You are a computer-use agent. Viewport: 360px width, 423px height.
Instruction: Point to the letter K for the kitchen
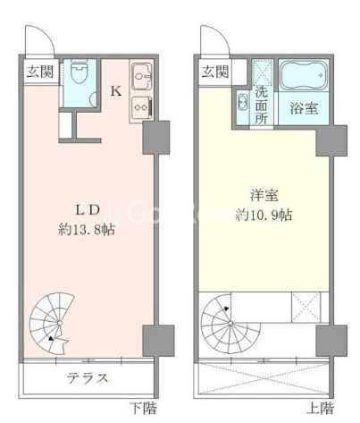coord(116,90)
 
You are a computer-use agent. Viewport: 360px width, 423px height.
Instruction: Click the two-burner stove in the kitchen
coord(142,106)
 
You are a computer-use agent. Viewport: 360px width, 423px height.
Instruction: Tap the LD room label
coord(87,211)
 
